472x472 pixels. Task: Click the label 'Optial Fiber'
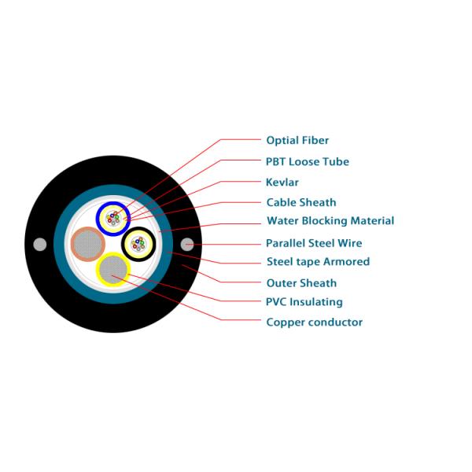[297, 141]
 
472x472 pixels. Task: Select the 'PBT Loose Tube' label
[307, 162]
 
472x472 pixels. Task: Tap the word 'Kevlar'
[282, 183]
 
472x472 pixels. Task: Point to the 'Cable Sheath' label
[301, 203]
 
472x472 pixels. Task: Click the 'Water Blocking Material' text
[330, 221]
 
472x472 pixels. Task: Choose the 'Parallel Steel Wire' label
[313, 244]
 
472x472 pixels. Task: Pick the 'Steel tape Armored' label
[318, 262]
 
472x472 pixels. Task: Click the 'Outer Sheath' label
[301, 283]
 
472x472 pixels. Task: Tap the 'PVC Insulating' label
[304, 302]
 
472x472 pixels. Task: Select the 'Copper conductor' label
[314, 323]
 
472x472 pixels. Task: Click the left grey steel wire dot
[40, 244]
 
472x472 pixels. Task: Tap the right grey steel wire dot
[186, 244]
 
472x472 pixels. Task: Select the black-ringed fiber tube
[138, 243]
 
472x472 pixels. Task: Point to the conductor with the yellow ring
[112, 270]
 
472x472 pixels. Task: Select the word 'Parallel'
[285, 244]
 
